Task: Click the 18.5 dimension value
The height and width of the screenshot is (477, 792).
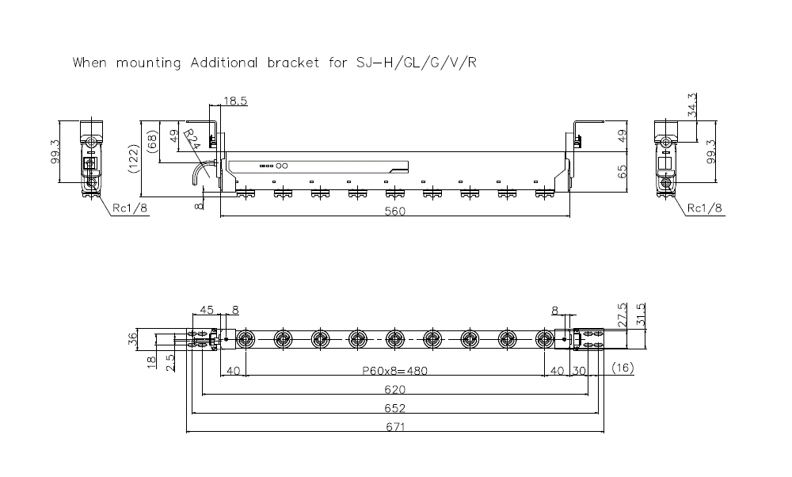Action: click(236, 101)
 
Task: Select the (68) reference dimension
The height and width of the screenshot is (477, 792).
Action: click(152, 142)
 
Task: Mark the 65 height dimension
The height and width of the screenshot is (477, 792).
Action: click(622, 171)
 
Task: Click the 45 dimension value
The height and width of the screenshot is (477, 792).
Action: click(207, 310)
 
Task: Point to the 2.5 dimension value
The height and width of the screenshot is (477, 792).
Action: click(170, 363)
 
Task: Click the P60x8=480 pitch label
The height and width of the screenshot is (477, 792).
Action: click(394, 370)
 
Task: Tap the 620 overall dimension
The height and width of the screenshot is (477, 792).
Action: click(394, 389)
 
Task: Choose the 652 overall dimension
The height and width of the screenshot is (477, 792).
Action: click(394, 408)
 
